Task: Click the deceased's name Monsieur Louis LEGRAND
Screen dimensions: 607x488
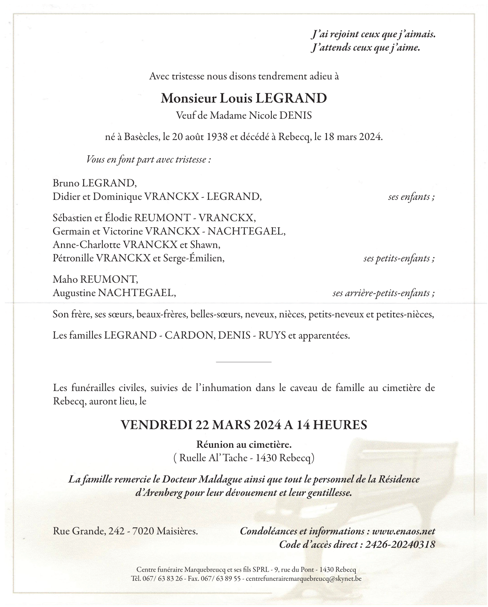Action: click(x=244, y=98)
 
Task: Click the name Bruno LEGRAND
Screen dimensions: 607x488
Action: click(x=94, y=183)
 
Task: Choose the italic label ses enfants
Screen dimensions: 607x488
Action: click(x=411, y=197)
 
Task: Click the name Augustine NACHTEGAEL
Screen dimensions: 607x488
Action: click(x=114, y=293)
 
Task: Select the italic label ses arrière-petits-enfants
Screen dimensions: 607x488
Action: click(x=383, y=293)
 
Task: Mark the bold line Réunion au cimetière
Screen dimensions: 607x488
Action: click(x=244, y=444)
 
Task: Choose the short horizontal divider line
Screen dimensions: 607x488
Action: click(x=244, y=362)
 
